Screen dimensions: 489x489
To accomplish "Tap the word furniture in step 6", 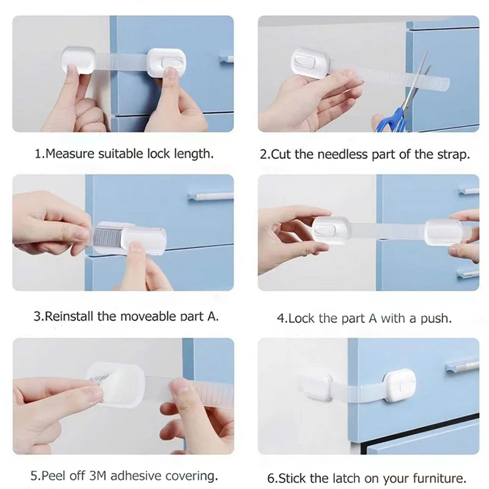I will click(x=439, y=478).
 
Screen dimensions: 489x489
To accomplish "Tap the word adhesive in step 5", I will click(x=146, y=475).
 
